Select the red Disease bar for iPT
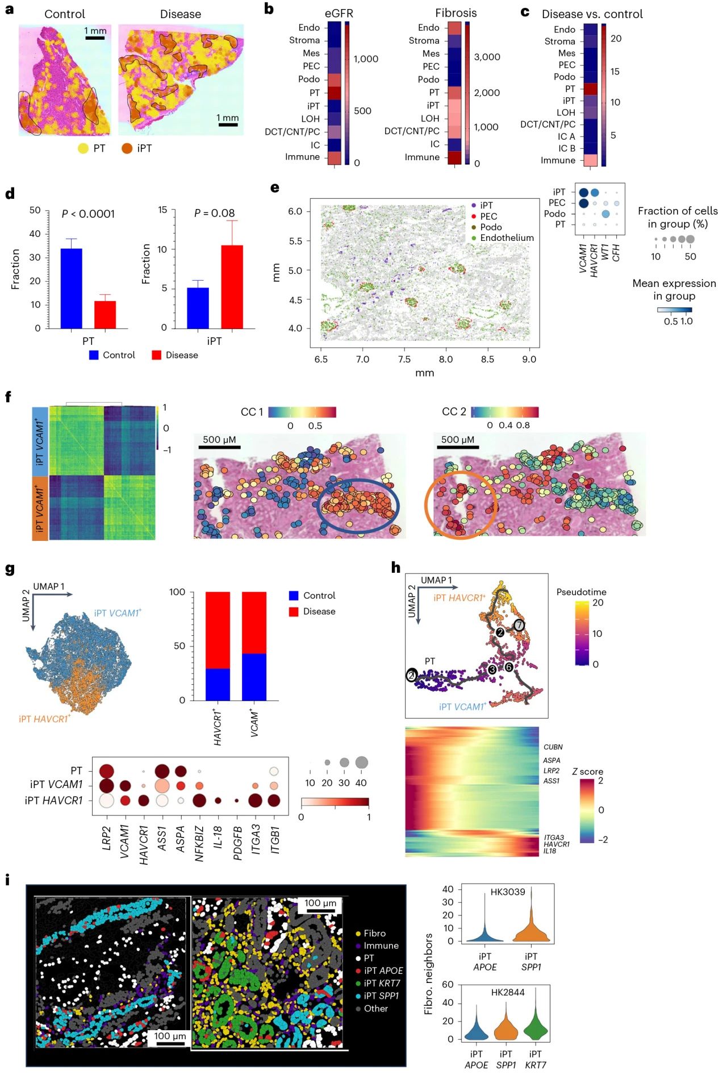[x=232, y=287]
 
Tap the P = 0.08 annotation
[x=214, y=213]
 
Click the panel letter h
[x=396, y=568]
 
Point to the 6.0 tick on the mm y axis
[x=295, y=211]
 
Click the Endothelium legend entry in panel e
[x=507, y=238]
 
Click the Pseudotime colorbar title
[x=581, y=592]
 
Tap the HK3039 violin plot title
[x=508, y=892]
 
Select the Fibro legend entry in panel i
[x=374, y=934]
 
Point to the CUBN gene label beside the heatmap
[x=553, y=747]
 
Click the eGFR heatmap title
[x=339, y=14]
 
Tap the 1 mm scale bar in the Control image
[x=95, y=38]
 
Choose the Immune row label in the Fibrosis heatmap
[x=422, y=157]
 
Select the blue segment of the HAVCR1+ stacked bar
[x=218, y=684]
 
